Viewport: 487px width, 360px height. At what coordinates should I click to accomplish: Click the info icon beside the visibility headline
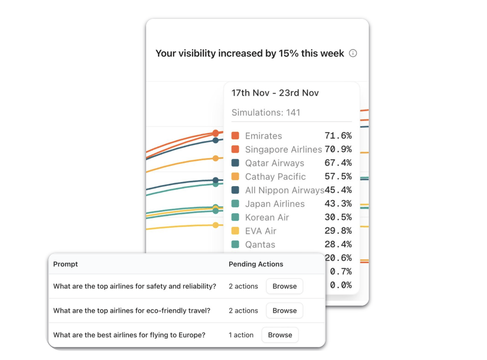click(x=353, y=53)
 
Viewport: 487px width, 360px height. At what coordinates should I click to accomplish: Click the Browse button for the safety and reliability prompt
click(x=284, y=286)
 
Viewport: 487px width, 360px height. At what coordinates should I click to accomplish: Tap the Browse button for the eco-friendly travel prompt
click(x=284, y=311)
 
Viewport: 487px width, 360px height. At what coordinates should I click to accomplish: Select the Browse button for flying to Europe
click(x=280, y=335)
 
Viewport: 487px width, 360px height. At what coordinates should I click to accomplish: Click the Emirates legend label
click(x=263, y=136)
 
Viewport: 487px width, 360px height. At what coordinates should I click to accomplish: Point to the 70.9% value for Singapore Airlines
click(x=338, y=149)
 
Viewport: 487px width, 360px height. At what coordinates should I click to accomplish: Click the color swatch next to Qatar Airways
click(x=235, y=163)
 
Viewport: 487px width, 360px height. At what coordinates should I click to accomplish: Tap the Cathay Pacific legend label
click(x=275, y=177)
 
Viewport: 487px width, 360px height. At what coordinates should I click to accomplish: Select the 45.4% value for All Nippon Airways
click(x=338, y=190)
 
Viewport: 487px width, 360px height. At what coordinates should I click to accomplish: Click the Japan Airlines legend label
click(x=274, y=204)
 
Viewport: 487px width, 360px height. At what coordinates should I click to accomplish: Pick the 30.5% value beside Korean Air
click(x=338, y=217)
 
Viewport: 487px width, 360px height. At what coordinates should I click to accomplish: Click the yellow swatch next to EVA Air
click(x=235, y=231)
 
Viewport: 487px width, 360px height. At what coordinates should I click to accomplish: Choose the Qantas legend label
click(x=260, y=245)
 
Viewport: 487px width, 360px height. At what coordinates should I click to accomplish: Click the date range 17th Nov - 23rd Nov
click(x=275, y=93)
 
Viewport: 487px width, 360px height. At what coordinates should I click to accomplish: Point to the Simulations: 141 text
click(x=265, y=112)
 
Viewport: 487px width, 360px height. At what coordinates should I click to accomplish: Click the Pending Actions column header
click(x=256, y=264)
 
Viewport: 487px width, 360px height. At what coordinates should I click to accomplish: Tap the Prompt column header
click(x=65, y=264)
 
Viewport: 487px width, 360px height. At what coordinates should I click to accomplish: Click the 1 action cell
click(x=241, y=335)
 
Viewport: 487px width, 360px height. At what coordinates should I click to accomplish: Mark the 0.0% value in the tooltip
click(x=341, y=285)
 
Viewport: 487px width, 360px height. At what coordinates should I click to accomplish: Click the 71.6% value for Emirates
click(x=338, y=136)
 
